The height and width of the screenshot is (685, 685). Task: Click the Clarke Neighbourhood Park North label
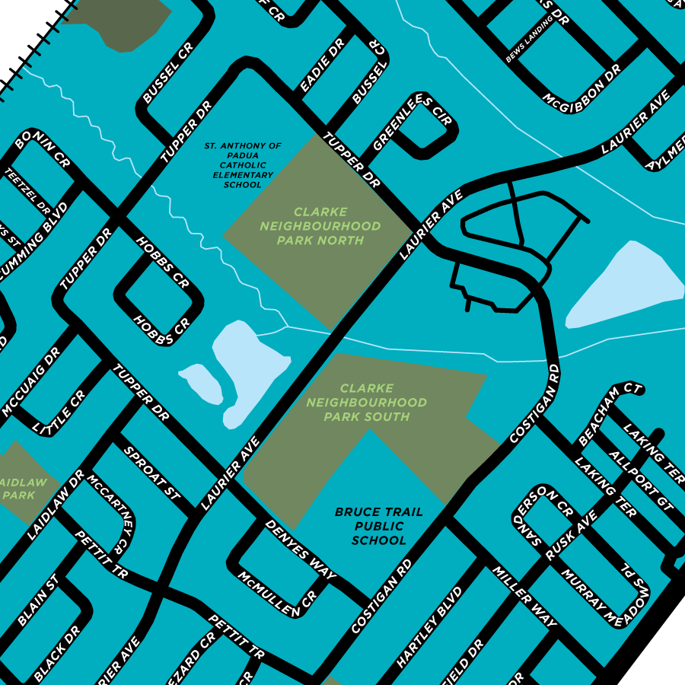click(x=320, y=226)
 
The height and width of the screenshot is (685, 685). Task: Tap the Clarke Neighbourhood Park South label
click(x=367, y=403)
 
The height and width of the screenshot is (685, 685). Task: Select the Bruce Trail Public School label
click(x=378, y=526)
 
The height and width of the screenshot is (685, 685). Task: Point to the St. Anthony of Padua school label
click(x=243, y=164)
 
